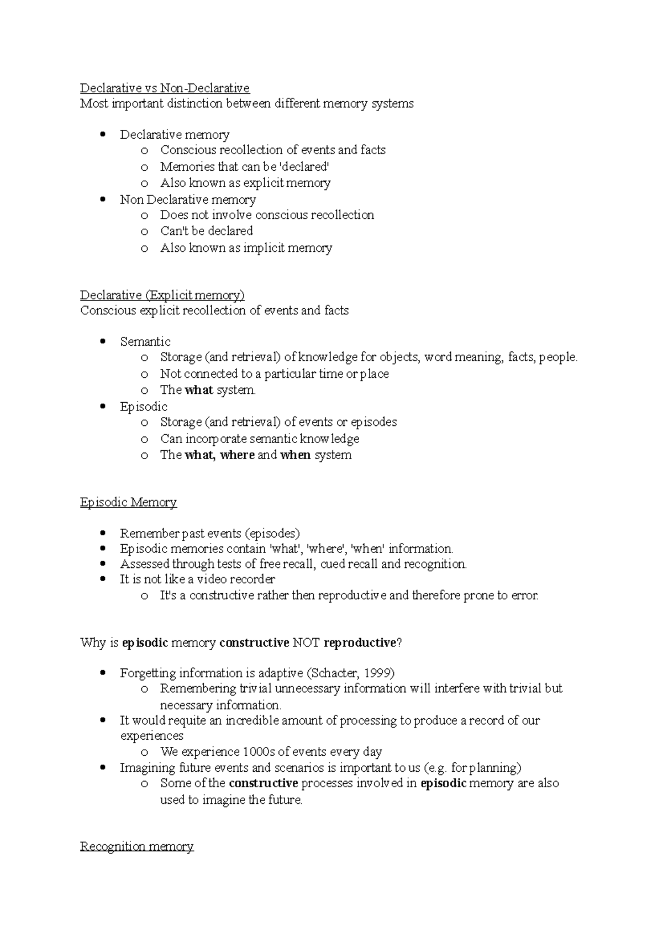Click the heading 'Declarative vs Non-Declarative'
click(x=165, y=88)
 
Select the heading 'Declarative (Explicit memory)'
click(x=162, y=295)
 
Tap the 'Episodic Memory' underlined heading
click(x=128, y=502)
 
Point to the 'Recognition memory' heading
click(x=136, y=846)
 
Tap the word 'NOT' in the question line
click(x=306, y=642)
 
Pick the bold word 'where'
click(x=237, y=455)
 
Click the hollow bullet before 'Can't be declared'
click(x=144, y=231)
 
